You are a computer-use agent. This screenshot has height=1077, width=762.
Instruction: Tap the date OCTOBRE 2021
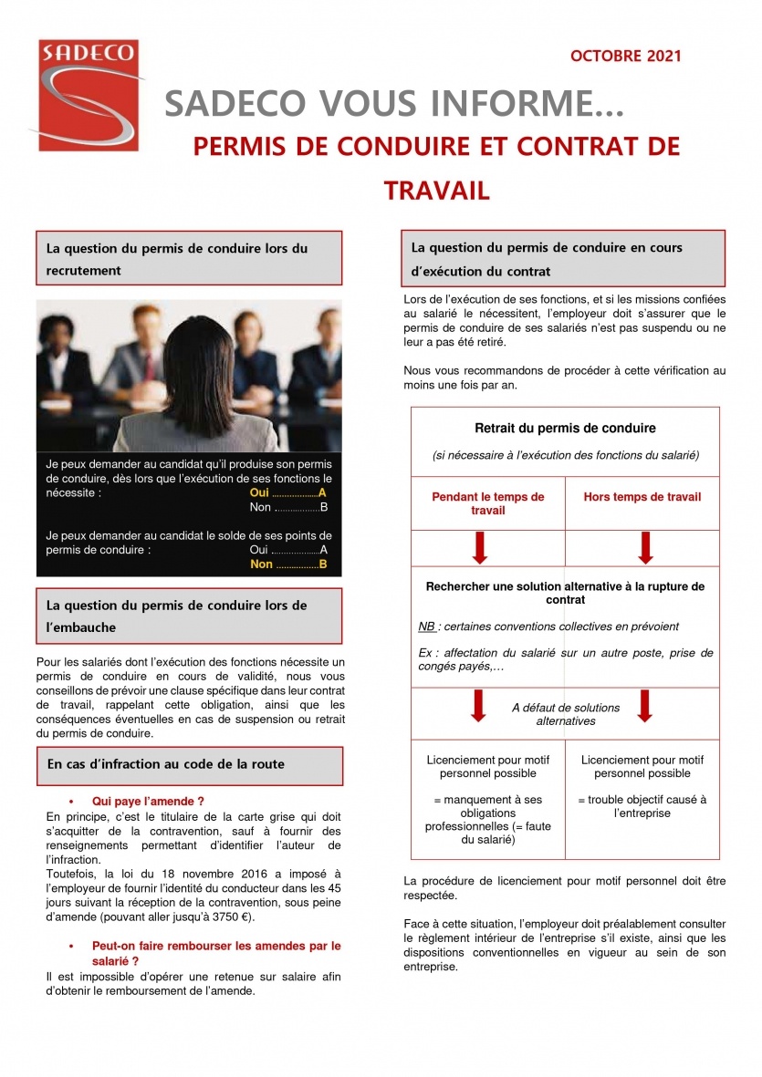625,57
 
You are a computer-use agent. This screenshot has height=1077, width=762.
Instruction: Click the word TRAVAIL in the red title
437,191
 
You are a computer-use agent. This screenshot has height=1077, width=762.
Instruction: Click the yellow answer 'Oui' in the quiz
259,492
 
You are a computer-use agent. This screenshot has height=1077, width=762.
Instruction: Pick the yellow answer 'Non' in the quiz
261,564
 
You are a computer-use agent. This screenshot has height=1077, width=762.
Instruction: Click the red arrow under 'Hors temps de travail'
644,547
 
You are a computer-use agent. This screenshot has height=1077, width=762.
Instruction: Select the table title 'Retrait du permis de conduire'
565,428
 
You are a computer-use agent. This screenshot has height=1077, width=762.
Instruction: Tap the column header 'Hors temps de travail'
642,497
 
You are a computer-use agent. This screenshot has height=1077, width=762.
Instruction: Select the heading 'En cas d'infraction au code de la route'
166,764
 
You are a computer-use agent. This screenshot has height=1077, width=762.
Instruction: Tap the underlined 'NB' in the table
426,627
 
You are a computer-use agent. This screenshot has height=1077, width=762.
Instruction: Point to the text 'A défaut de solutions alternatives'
565,714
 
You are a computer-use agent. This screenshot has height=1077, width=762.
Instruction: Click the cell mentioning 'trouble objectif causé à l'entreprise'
642,806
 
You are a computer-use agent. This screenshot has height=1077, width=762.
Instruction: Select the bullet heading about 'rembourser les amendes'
216,953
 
